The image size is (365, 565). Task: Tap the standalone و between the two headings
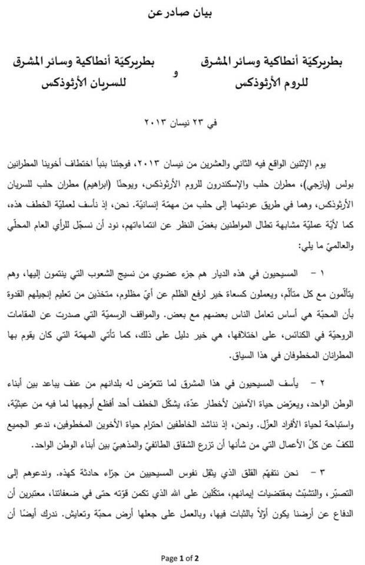[x=174, y=72]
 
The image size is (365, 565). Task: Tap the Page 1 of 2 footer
[x=182, y=557]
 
